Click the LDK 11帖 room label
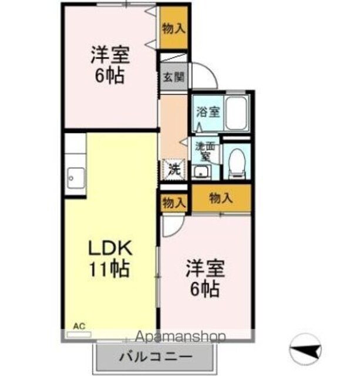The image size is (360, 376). tap(110, 258)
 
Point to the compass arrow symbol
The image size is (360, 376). tap(307, 351)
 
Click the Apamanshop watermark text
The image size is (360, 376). tap(183, 337)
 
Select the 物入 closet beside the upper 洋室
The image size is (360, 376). tap(174, 28)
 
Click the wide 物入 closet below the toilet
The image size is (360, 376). tap(221, 198)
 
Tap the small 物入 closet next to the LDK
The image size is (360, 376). tap(173, 203)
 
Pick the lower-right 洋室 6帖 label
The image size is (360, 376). tap(204, 280)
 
